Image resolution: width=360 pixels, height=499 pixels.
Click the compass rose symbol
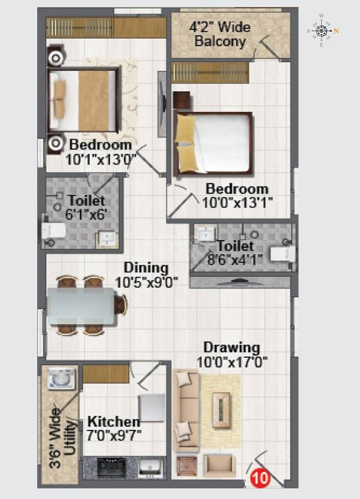322,30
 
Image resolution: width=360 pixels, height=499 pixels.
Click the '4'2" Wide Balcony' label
220,34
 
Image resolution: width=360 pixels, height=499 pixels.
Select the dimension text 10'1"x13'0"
102,158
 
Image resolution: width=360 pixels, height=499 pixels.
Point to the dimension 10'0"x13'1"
237,203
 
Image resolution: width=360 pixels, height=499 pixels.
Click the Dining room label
146,268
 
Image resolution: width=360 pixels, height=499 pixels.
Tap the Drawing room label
231,347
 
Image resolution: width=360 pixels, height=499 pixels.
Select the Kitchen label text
114,422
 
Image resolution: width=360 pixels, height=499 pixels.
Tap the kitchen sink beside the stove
149,468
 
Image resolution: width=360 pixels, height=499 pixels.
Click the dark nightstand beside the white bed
182,101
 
